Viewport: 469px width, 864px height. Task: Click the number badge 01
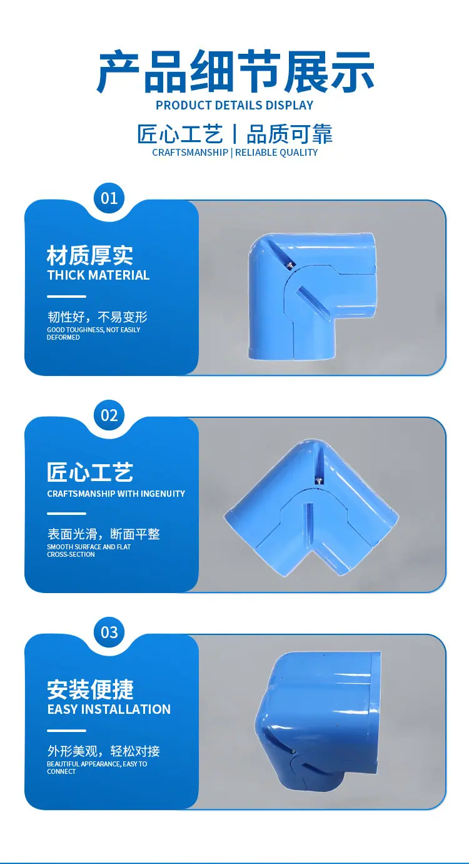point(109,198)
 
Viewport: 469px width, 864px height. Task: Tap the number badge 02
point(109,415)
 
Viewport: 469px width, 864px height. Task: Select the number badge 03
point(109,632)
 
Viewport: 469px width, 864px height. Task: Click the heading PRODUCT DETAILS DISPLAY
point(234,105)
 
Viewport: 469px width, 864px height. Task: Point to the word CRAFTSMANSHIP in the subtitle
point(190,153)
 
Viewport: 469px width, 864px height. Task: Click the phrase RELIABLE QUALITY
point(276,153)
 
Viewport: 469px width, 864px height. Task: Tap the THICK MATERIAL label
point(98,275)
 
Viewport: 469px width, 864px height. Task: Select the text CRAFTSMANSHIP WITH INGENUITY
point(116,494)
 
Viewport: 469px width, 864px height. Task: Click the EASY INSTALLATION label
point(109,709)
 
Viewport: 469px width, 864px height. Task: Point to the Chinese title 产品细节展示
point(235,72)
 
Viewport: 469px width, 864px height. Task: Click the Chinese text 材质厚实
point(90,255)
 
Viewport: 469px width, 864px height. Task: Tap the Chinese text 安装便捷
point(90,689)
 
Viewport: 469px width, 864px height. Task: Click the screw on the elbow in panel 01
point(291,264)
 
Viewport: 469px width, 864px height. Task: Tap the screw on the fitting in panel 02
point(319,480)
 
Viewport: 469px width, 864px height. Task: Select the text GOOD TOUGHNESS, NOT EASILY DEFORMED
point(93,333)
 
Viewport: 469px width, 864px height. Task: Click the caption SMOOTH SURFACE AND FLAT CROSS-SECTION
point(89,551)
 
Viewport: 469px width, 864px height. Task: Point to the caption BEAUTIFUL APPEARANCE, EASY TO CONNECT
point(97,768)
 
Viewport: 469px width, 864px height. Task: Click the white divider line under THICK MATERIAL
point(66,296)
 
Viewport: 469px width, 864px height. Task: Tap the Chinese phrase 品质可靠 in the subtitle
point(289,135)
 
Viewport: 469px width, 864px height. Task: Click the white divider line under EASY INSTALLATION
point(66,731)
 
